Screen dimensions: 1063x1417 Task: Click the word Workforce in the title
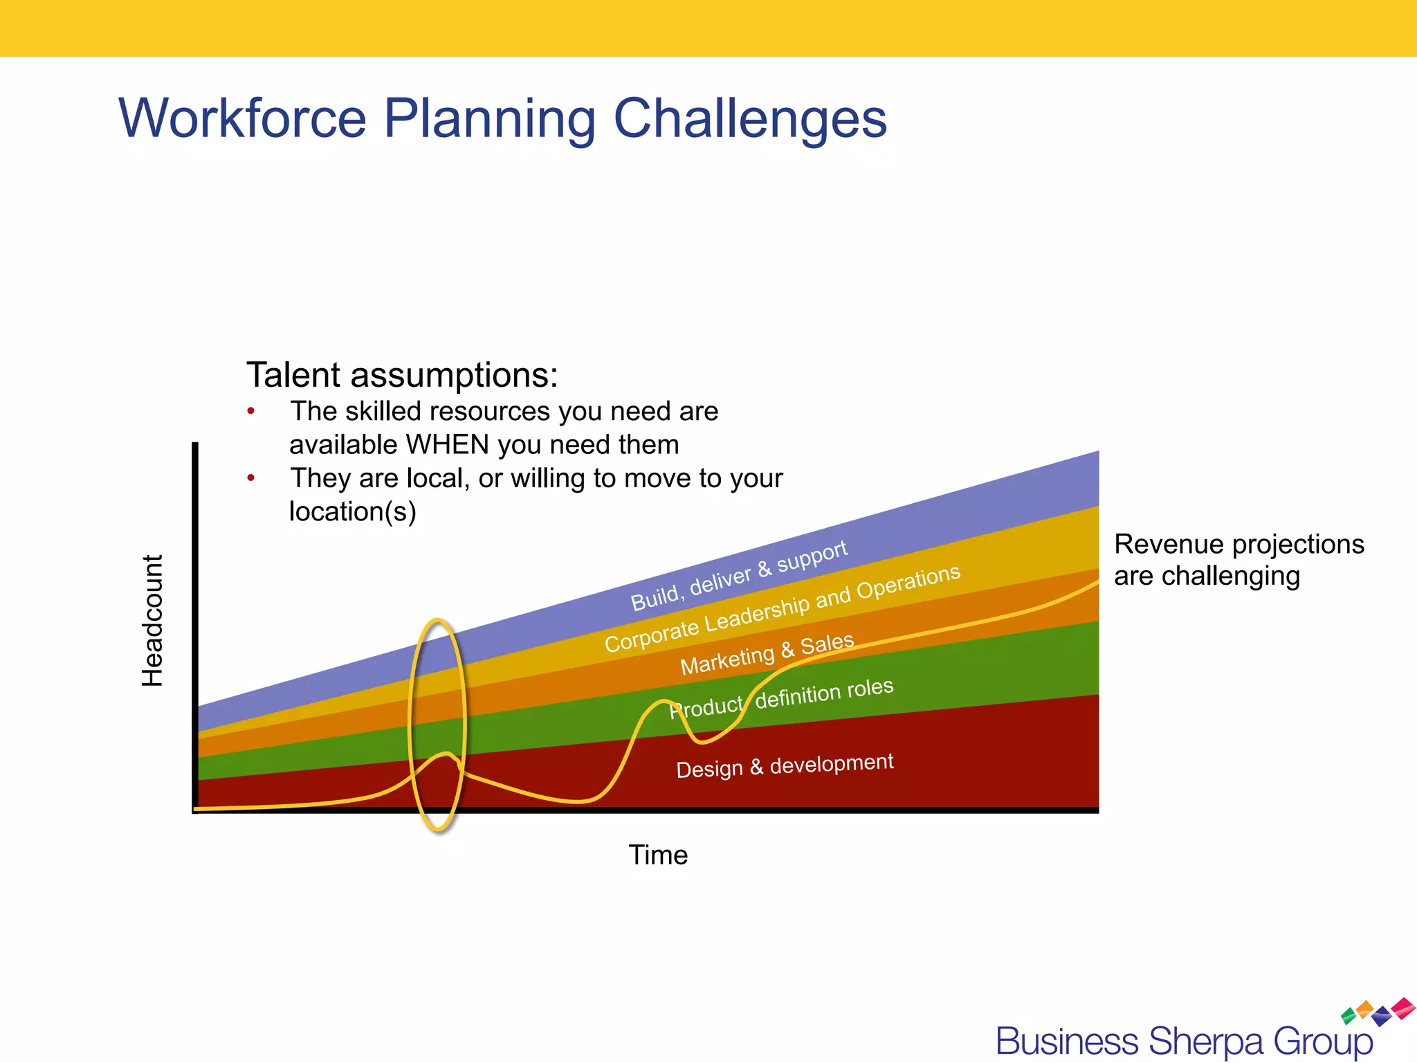[x=242, y=119]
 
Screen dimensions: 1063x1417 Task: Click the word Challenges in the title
[x=749, y=119]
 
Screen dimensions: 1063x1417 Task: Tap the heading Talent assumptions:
[x=402, y=375]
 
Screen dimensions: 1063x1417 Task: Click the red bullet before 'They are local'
[x=251, y=478]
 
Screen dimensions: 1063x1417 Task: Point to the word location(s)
[x=352, y=512]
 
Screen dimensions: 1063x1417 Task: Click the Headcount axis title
[x=152, y=621]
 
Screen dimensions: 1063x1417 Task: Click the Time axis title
[x=658, y=855]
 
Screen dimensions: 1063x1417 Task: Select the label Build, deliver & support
[x=738, y=576]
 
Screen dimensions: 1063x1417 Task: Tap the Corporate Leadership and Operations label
[x=782, y=609]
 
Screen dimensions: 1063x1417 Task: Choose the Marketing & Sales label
[x=767, y=654]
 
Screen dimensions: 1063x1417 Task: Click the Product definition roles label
[x=782, y=698]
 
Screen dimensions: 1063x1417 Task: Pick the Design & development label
[x=785, y=766]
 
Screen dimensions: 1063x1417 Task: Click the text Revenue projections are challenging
[x=1238, y=560]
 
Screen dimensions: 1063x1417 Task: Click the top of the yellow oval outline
[x=437, y=620]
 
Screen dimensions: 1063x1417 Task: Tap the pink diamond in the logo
[x=1404, y=1007]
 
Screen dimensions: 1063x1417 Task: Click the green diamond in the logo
[x=1349, y=1016]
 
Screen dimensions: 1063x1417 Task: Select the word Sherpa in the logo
[x=1206, y=1042]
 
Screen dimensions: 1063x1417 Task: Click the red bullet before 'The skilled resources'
[x=251, y=412]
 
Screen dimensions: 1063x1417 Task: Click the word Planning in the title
[x=489, y=119]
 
